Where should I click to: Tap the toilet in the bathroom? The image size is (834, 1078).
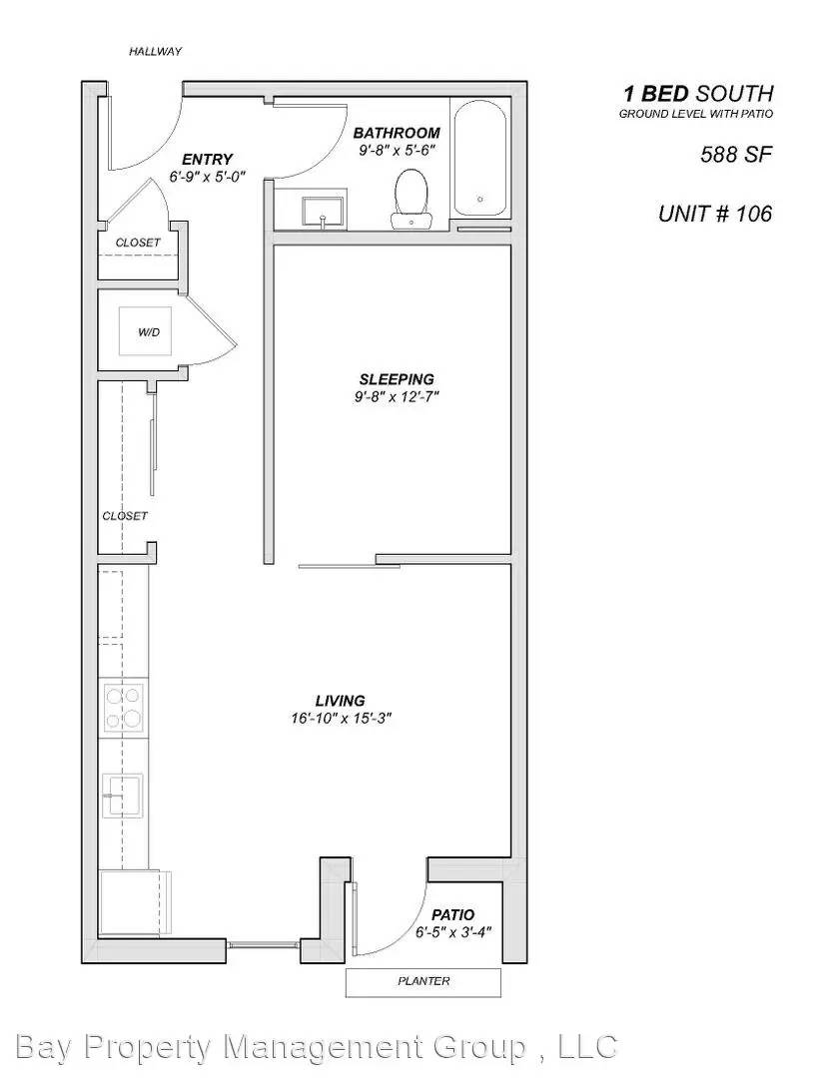point(411,197)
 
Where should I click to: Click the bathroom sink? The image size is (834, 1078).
point(323,211)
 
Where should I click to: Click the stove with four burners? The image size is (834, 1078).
point(124,707)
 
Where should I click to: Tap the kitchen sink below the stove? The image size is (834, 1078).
point(122,796)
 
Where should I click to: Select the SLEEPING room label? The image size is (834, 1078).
point(397,379)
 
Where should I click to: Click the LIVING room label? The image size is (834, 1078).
point(341,701)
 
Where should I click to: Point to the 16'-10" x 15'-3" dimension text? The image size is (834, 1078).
point(341,718)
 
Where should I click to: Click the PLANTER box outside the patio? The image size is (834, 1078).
point(423,981)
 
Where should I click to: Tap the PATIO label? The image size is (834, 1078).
point(452,915)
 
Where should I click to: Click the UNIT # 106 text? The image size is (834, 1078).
point(714,214)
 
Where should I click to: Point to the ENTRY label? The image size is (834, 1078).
point(207,159)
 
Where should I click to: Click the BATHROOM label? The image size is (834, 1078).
point(397,133)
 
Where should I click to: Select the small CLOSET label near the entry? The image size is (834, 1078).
point(138,243)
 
